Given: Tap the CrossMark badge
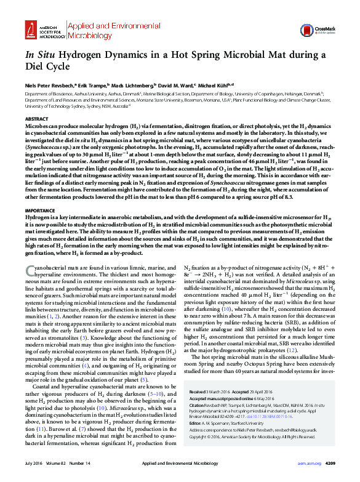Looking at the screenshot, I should [x=326, y=27].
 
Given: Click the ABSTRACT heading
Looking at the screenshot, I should [x=36, y=117].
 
